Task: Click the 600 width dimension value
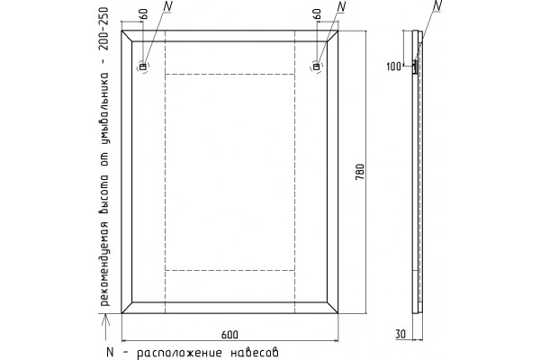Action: click(229, 335)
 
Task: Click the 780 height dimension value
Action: click(359, 172)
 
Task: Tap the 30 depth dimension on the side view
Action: click(400, 334)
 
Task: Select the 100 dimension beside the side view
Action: click(393, 66)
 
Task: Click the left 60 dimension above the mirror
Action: click(144, 14)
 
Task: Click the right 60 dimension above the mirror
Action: click(317, 14)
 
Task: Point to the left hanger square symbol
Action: click(142, 67)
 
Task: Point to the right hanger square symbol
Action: click(316, 67)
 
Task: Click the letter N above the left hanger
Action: click(167, 6)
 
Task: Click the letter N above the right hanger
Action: click(341, 6)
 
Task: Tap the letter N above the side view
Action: click(436, 5)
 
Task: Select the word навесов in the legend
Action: click(255, 352)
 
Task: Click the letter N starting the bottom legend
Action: click(110, 352)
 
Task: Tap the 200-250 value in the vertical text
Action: click(103, 29)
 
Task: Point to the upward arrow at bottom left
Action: click(106, 327)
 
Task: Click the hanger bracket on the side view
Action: click(415, 67)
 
